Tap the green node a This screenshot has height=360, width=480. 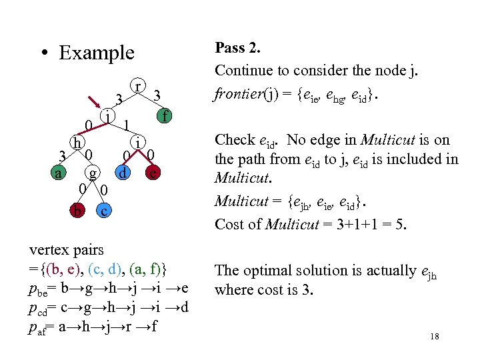pyautogui.click(x=59, y=173)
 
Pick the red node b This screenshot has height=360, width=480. pyautogui.click(x=79, y=211)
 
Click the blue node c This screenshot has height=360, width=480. pyautogui.click(x=103, y=211)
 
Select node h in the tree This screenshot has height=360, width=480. pyautogui.click(x=78, y=143)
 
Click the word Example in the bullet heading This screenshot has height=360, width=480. pyautogui.click(x=97, y=53)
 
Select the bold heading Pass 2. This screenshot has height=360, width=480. pyautogui.click(x=237, y=48)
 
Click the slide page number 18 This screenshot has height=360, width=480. pyautogui.click(x=435, y=337)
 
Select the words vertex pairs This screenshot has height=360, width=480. pyautogui.click(x=67, y=250)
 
